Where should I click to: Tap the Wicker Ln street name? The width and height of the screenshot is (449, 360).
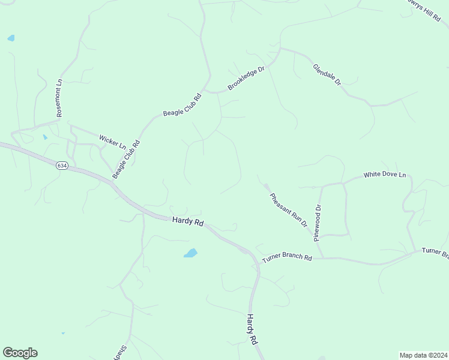pos(112,142)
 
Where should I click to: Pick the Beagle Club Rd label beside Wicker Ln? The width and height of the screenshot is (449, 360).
pos(126,160)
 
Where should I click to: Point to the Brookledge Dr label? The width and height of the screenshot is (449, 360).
pos(246,79)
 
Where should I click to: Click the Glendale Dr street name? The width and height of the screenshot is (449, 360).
pos(327,74)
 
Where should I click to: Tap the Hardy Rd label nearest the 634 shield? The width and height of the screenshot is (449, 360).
pos(188,221)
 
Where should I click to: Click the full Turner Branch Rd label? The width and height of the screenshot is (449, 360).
pos(286,258)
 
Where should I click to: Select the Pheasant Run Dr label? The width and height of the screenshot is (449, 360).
pos(288,209)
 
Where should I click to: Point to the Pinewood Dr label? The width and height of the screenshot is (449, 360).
pos(318,223)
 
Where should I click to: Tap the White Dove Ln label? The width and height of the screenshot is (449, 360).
pos(385,175)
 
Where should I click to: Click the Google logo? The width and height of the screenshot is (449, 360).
pos(20,353)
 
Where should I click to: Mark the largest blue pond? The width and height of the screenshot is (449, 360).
pos(190,253)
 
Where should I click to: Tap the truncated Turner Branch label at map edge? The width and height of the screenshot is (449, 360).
pos(435,253)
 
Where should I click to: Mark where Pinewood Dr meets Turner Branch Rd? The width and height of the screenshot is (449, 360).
pos(323,258)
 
